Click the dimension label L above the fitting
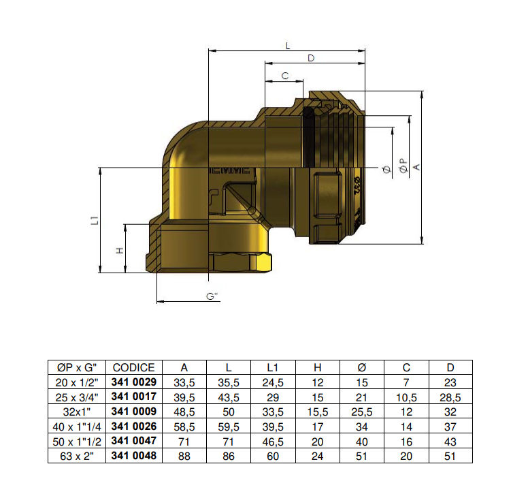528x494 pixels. [x=288, y=46]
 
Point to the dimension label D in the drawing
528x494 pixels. [x=311, y=59]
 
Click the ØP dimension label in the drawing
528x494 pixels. [x=403, y=166]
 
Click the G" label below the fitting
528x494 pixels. [x=212, y=296]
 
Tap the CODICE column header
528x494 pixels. [x=134, y=368]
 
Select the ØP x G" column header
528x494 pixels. [x=76, y=368]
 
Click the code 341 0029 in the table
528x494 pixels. [x=134, y=383]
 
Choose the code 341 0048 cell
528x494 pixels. [x=134, y=456]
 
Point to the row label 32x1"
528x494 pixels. [x=76, y=412]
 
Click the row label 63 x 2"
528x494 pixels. [x=76, y=456]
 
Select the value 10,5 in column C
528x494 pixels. [x=406, y=397]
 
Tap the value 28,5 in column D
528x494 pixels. [x=450, y=397]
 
